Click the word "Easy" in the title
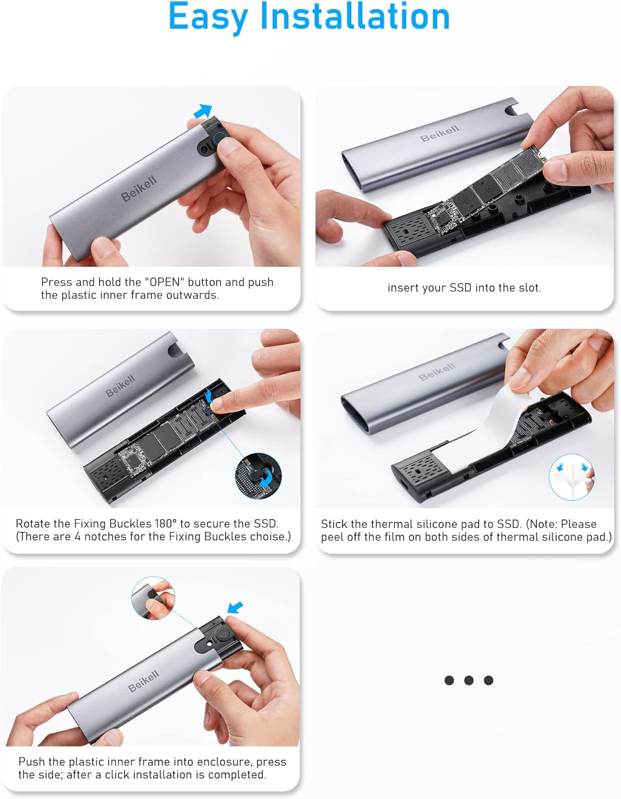point(208,17)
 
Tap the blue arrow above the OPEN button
point(203,111)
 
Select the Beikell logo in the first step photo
point(139,188)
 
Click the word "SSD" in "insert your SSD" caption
point(460,288)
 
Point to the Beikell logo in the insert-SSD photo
point(439,133)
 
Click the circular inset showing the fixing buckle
point(258,476)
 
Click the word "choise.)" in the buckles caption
point(271,536)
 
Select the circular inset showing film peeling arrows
point(571,477)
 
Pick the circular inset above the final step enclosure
point(153,598)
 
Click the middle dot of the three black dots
point(469,680)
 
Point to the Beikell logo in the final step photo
point(143,681)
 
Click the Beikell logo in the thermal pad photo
point(437,371)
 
